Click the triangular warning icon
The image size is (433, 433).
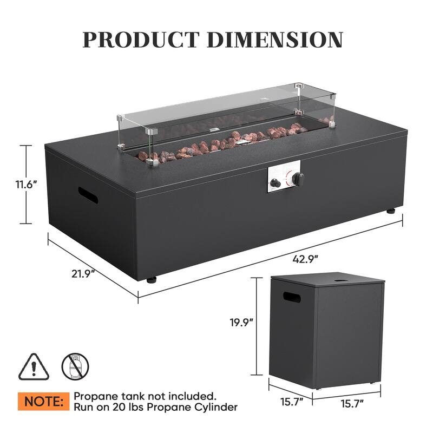(35, 368)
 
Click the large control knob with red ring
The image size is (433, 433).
(297, 178)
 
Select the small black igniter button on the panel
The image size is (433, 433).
(275, 183)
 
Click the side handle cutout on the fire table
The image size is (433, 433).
(88, 195)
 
